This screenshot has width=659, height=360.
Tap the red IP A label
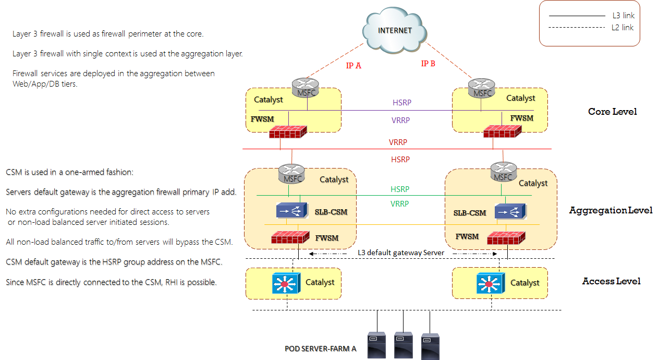click(x=353, y=66)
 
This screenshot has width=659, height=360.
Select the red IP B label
click(x=428, y=64)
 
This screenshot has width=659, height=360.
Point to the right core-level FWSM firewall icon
click(x=502, y=130)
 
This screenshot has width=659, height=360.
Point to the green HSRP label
click(x=400, y=189)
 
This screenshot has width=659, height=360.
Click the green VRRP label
click(x=400, y=204)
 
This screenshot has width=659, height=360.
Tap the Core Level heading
click(x=612, y=112)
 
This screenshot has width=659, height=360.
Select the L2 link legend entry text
click(x=623, y=27)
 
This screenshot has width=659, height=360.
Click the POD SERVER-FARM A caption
click(x=321, y=349)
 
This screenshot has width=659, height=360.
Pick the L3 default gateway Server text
click(x=400, y=253)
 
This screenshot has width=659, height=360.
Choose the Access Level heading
click(x=611, y=281)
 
